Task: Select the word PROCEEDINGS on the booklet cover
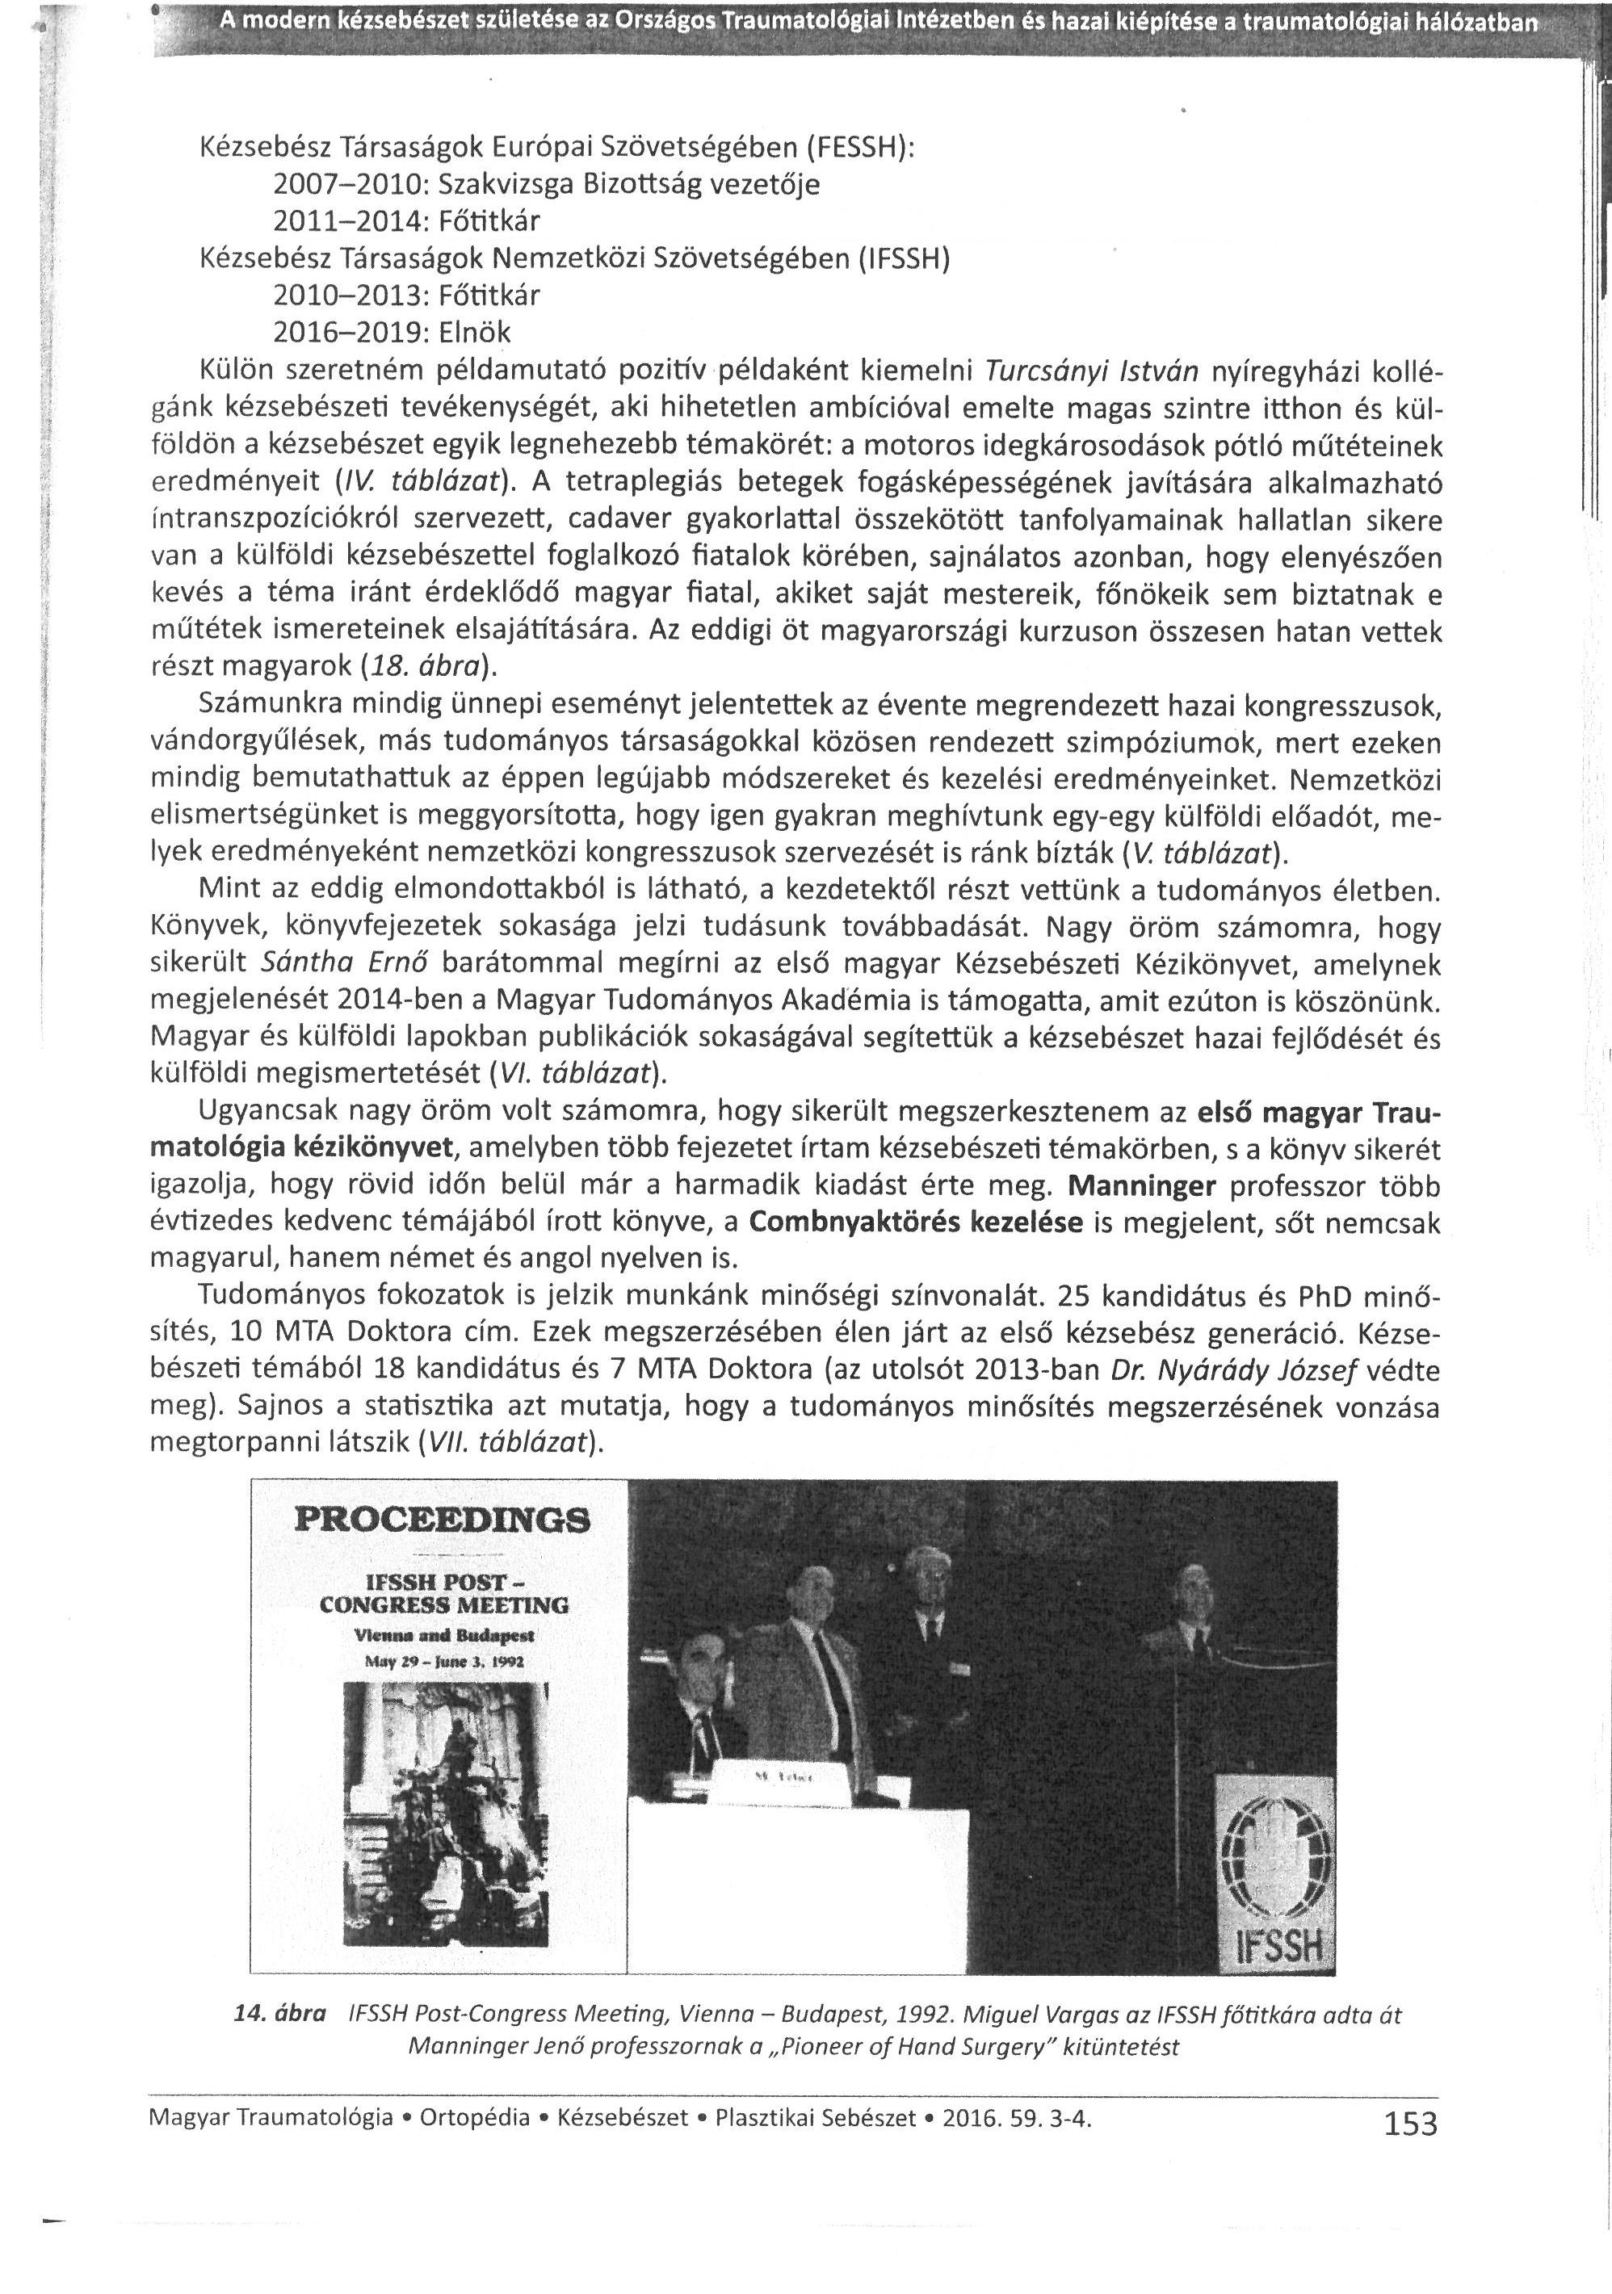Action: click(443, 1522)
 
